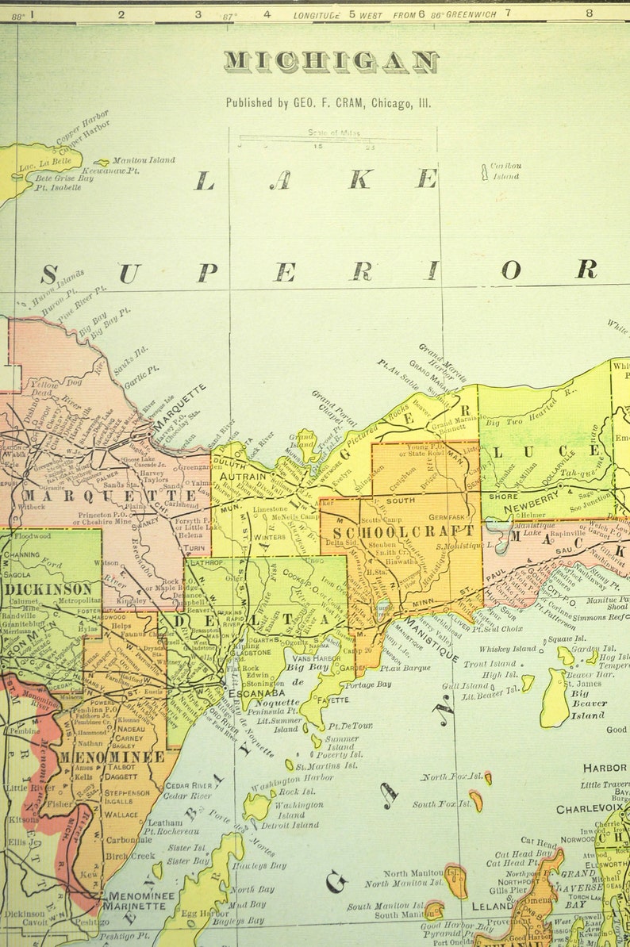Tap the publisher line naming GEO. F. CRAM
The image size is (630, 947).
click(x=328, y=102)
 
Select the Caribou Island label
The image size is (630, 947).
click(x=505, y=171)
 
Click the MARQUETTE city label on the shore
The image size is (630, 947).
click(x=180, y=407)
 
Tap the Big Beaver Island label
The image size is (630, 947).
click(x=588, y=704)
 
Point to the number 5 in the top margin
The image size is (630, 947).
click(x=352, y=13)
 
